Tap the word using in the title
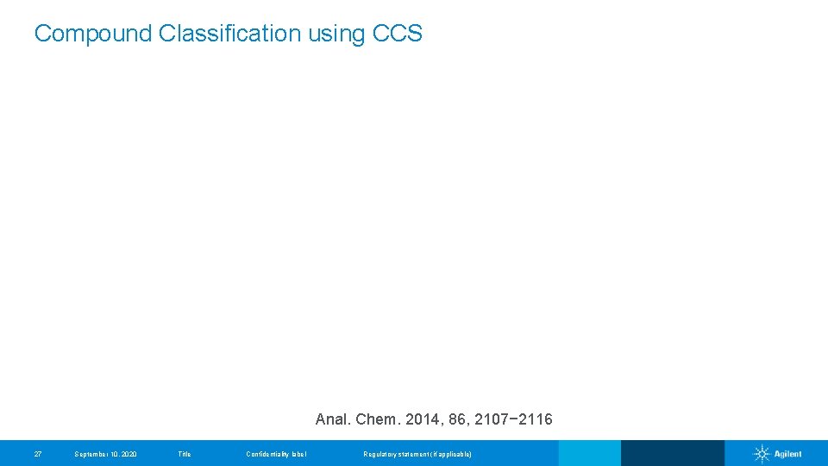(336, 34)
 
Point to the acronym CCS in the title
(398, 34)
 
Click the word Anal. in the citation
(333, 420)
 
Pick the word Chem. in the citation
(377, 420)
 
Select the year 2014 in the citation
(421, 420)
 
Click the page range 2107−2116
(514, 420)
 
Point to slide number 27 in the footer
(37, 454)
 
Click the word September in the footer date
(92, 454)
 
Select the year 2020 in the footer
(128, 454)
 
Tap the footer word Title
(184, 454)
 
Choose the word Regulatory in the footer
(380, 454)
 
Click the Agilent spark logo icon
(762, 454)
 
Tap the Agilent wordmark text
(787, 454)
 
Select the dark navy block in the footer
(672, 453)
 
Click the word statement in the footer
(416, 454)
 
